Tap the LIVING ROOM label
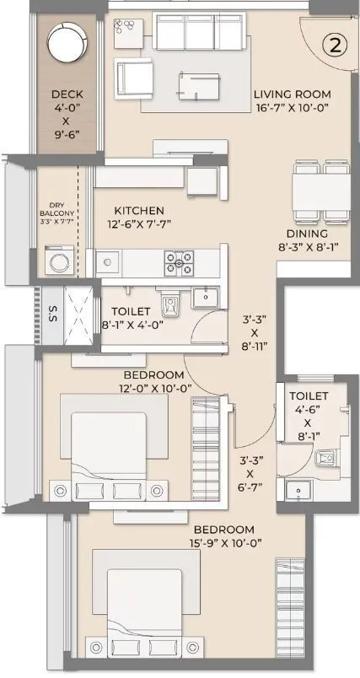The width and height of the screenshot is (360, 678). click(x=293, y=94)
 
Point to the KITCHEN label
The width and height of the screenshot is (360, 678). click(x=139, y=211)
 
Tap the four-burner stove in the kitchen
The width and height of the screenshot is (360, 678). click(x=179, y=263)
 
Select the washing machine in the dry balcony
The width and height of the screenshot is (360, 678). click(x=58, y=261)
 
